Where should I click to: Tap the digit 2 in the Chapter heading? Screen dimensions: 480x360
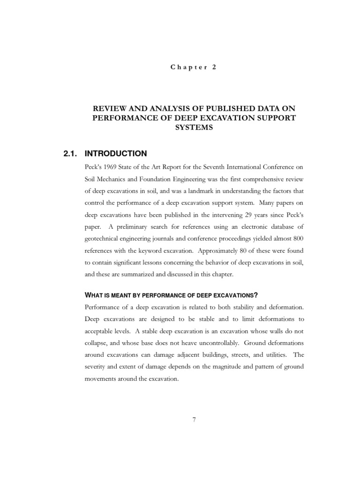click(214, 67)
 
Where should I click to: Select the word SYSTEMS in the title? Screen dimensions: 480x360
click(194, 127)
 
